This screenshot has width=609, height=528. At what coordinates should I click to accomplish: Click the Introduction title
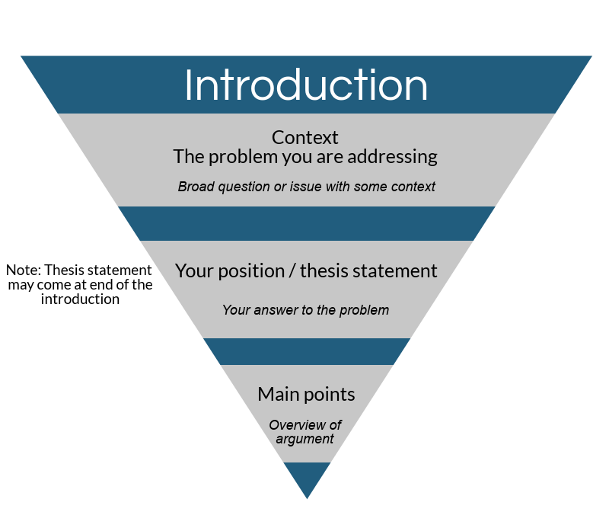(306, 85)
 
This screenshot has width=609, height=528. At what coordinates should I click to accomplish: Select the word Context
(305, 138)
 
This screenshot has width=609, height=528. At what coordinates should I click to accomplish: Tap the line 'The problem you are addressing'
(305, 157)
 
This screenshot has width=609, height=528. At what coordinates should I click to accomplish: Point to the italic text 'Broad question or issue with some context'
(307, 187)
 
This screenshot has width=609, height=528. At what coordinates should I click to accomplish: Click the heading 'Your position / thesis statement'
(306, 271)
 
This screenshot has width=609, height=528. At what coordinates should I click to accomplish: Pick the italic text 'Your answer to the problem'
(305, 310)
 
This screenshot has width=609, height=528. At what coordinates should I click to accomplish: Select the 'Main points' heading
(306, 395)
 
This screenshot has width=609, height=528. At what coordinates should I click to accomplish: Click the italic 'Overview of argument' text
(305, 432)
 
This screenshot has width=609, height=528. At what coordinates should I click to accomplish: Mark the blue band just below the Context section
(307, 223)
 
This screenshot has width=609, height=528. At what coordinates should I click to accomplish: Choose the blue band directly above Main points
(307, 351)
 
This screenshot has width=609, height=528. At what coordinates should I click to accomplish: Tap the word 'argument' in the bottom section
(305, 440)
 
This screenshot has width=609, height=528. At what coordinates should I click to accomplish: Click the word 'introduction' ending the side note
(80, 299)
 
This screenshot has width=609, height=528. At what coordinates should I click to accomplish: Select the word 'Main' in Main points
(278, 395)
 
